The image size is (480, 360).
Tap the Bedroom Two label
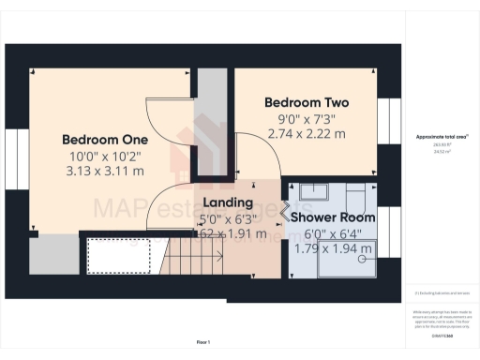(x=307, y=102)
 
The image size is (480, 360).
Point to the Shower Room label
(x=332, y=217)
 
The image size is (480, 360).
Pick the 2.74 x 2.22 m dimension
(x=307, y=134)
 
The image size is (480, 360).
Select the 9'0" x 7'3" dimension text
(x=307, y=118)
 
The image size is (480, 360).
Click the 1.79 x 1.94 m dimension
(x=332, y=248)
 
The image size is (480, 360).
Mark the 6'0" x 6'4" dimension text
(x=332, y=233)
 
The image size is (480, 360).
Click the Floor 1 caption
(x=202, y=341)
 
